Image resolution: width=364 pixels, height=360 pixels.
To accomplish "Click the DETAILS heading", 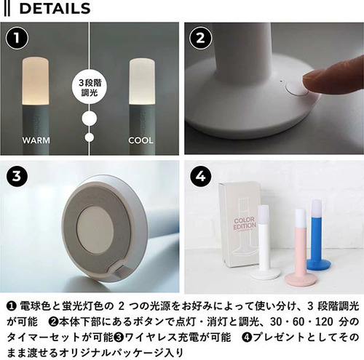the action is tap(55, 9).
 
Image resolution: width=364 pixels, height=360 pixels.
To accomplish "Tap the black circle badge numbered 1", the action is tap(17, 39).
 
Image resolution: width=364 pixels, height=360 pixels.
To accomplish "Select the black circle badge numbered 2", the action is tap(200, 39).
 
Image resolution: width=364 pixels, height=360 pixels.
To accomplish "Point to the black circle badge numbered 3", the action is tap(17, 176).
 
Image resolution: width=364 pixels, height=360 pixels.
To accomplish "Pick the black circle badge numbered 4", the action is tap(200, 176).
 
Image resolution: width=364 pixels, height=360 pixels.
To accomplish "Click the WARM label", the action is tap(36, 140).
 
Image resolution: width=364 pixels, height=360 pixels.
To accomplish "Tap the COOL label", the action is tap(141, 140).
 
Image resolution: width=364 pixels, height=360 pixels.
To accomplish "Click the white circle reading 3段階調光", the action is tap(90, 87).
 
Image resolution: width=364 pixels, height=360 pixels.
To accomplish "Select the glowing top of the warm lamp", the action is tap(36, 81).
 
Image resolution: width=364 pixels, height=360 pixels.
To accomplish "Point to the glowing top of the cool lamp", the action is tap(142, 81).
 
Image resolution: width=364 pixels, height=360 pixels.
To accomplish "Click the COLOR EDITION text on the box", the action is tap(245, 223).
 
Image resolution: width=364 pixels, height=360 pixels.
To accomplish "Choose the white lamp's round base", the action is tap(266, 273).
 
